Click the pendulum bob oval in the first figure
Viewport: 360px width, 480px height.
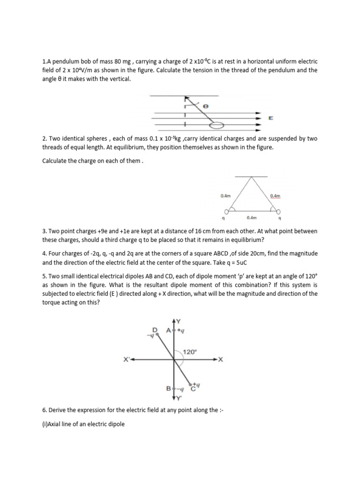[x=217, y=125]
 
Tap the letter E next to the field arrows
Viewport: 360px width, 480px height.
[x=270, y=119]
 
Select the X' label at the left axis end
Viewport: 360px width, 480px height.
[x=126, y=360]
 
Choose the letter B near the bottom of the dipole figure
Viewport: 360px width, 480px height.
[x=168, y=389]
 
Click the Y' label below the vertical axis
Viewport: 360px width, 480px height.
[x=177, y=398]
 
